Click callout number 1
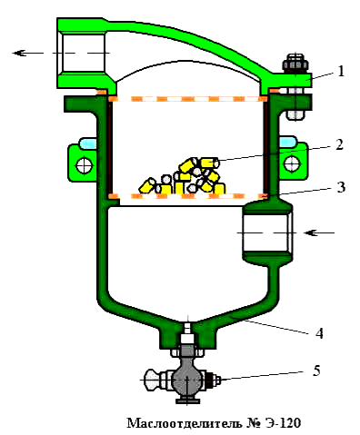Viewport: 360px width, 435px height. [x=341, y=72]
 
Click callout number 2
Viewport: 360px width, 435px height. [x=340, y=144]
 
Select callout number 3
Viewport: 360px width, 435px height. [x=341, y=187]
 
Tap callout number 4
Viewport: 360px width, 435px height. [x=319, y=333]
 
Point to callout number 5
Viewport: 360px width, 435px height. [x=316, y=371]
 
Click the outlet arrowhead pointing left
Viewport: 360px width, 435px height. [x=19, y=53]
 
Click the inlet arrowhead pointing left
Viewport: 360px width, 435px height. [x=311, y=232]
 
